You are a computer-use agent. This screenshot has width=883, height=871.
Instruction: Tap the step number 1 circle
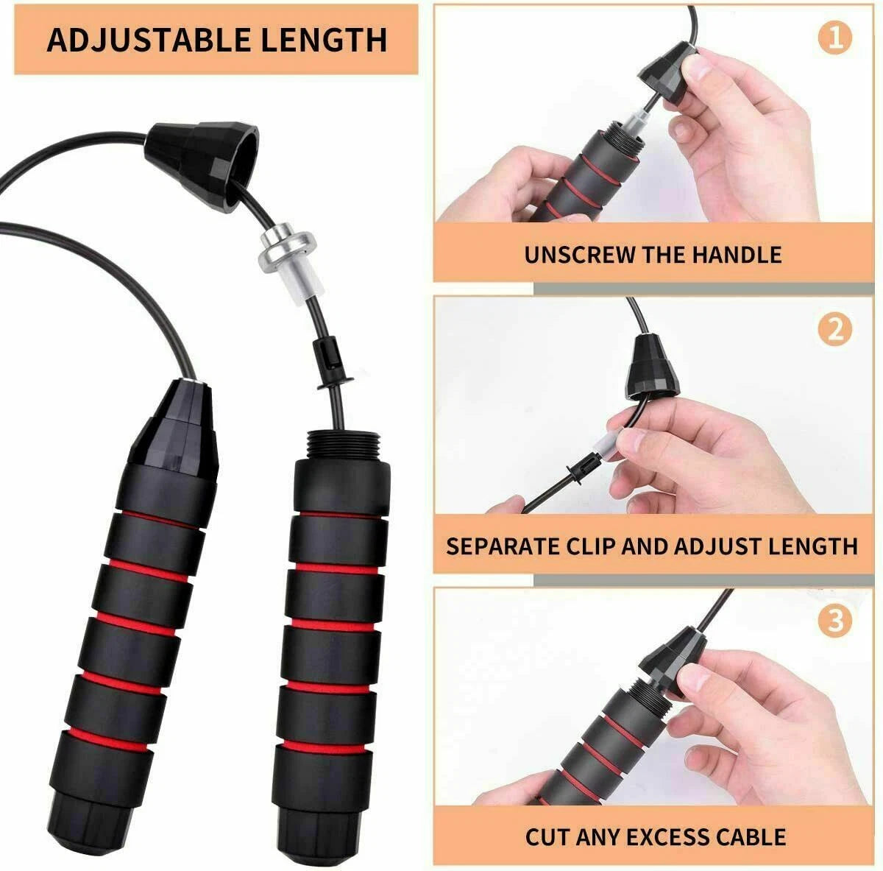[x=834, y=38]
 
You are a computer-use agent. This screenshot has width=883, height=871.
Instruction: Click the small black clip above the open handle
[x=330, y=364]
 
